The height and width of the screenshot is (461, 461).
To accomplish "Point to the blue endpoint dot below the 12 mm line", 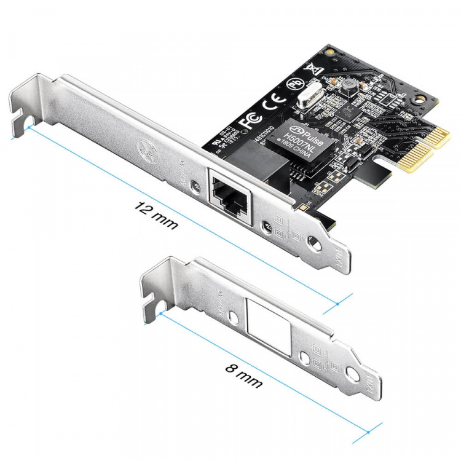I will pos(339,303).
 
